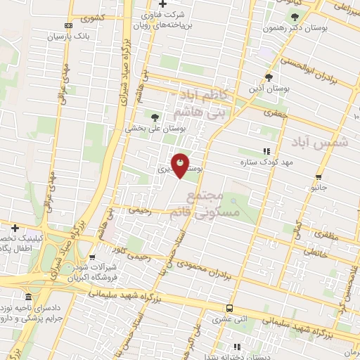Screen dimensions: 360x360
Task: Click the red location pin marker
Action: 180,165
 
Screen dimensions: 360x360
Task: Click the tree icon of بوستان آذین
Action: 268,77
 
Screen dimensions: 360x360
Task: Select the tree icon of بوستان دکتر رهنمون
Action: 295,18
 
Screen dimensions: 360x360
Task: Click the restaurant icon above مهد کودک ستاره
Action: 266,151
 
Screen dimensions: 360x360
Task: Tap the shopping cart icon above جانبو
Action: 319,176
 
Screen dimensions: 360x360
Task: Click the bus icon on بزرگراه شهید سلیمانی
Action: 229,308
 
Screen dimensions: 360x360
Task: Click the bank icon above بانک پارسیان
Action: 68,25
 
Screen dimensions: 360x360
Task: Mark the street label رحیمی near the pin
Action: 141,210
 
